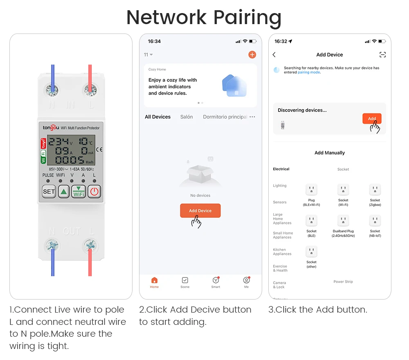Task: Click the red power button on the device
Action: (94, 191)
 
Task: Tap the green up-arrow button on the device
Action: (63, 191)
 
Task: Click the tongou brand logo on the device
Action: (51, 128)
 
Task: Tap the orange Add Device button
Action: (200, 210)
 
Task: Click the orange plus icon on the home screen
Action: (252, 55)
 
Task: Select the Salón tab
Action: (187, 117)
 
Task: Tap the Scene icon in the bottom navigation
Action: (185, 281)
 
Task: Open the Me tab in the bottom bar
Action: (246, 281)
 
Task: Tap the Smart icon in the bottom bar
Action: (216, 281)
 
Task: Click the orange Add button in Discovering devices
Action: (372, 119)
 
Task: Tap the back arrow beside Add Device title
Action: (274, 55)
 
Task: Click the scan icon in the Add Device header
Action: (382, 55)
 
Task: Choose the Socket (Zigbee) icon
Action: (375, 190)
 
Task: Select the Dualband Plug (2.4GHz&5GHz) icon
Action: (343, 221)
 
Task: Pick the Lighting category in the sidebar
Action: (280, 186)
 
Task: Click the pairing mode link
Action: (309, 72)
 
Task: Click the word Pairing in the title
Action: (247, 18)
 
